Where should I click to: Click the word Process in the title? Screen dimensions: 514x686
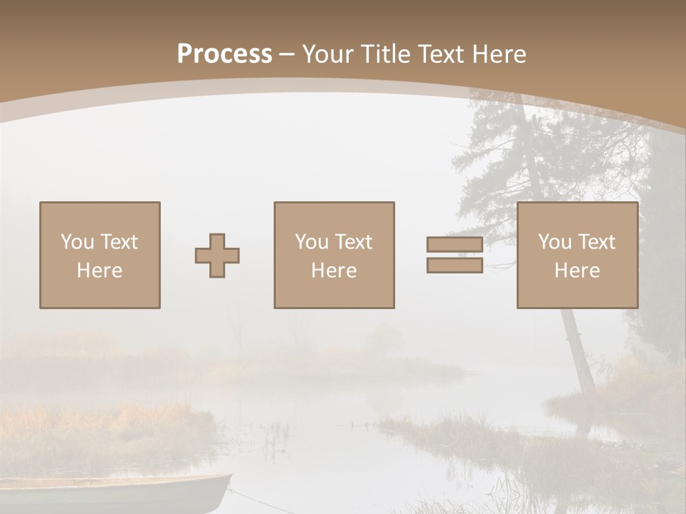(224, 54)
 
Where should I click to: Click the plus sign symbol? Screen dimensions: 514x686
(217, 256)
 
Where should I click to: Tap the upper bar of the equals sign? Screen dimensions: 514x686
(454, 245)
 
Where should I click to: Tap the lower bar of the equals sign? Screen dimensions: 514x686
(454, 265)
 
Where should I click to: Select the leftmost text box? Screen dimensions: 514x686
(100, 255)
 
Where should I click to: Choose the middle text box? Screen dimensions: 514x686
(334, 255)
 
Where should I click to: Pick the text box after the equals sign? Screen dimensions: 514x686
(577, 255)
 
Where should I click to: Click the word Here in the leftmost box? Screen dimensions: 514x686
(100, 271)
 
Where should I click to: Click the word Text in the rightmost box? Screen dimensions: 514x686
(597, 242)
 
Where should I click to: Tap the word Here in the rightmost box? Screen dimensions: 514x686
(577, 271)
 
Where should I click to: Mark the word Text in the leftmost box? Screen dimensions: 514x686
(119, 242)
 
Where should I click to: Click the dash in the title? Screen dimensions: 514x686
(287, 54)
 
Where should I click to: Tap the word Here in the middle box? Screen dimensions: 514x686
(334, 271)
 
